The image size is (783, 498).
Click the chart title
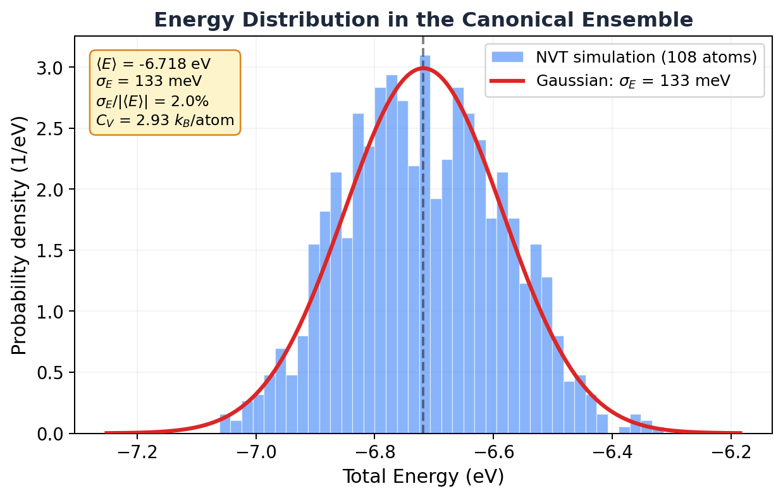(x=423, y=20)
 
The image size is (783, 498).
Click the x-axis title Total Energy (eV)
(x=423, y=477)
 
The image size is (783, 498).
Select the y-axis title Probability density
(x=20, y=235)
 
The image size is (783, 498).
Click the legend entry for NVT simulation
(x=646, y=58)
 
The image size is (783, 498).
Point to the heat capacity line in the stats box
(x=165, y=119)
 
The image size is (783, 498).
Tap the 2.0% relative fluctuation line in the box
(x=152, y=101)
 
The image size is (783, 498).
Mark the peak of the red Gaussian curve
(x=423, y=68)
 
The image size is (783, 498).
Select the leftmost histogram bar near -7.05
(x=225, y=425)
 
